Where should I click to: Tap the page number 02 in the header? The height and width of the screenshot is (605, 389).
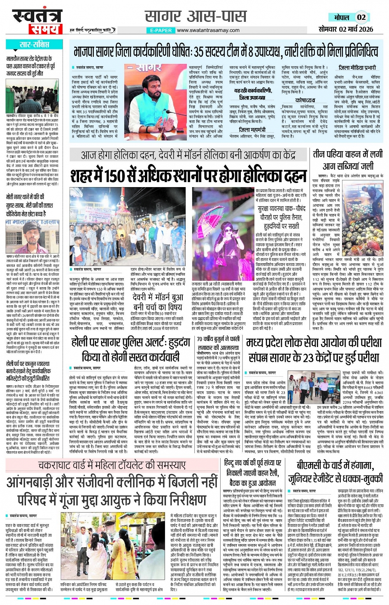coord(361,17)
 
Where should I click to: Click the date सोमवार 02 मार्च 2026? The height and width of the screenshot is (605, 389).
coord(346,29)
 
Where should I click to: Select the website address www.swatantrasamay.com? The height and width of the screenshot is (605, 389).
coord(208,30)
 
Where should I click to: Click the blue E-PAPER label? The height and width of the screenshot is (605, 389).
coord(161,30)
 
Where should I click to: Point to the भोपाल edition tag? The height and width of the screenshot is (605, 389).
coord(341,17)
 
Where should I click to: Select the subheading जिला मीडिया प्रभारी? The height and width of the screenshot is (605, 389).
coord(357,68)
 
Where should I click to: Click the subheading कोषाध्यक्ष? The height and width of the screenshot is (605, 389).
coord(305,100)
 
